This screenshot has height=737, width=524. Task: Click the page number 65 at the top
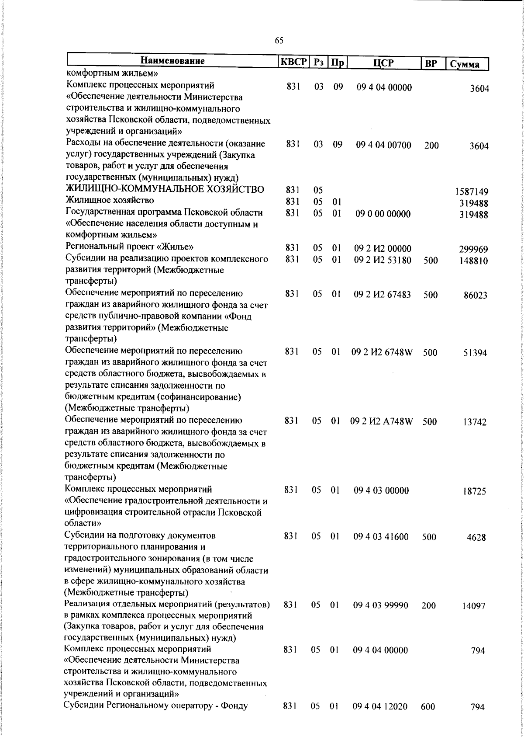tap(279, 41)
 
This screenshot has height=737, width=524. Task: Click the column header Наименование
tap(172, 61)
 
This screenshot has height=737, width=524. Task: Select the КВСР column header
tap(294, 62)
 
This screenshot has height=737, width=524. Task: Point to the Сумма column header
tap(465, 64)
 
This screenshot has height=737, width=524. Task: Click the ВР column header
tap(431, 64)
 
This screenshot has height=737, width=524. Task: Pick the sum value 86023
tap(475, 295)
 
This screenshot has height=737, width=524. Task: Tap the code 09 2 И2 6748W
tap(382, 352)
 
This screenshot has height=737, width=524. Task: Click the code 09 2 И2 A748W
tap(382, 422)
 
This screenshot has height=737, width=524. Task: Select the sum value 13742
tap(475, 422)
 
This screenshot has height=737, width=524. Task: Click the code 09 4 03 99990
tap(381, 605)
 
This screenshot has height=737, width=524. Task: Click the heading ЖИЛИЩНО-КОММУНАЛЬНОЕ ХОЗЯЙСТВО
tap(165, 189)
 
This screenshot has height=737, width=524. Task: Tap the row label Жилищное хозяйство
tap(110, 201)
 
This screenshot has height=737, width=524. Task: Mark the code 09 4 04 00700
tap(383, 145)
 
